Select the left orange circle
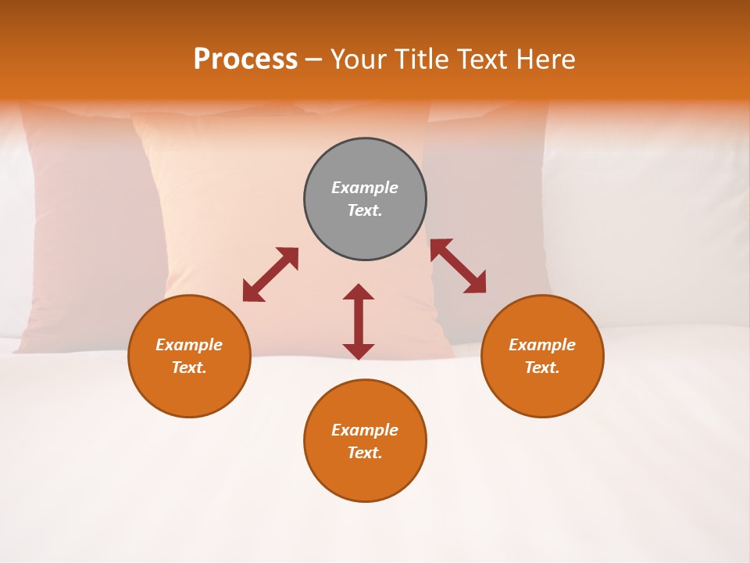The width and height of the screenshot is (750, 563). click(x=189, y=391)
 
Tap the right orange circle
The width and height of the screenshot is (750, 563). click(x=542, y=391)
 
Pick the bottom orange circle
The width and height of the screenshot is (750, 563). click(x=365, y=477)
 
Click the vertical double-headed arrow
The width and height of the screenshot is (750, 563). click(x=359, y=321)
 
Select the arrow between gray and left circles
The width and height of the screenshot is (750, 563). click(x=270, y=274)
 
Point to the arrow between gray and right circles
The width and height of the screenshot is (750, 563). click(x=458, y=266)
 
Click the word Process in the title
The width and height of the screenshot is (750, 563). click(x=245, y=59)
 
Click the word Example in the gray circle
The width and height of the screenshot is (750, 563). click(x=365, y=188)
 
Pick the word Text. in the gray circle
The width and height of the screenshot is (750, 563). click(x=365, y=210)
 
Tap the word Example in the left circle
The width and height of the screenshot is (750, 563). click(x=189, y=345)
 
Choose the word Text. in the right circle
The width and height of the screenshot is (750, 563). click(x=542, y=368)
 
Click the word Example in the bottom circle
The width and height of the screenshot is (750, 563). click(x=365, y=430)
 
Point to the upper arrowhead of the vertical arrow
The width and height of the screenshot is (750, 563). click(x=359, y=292)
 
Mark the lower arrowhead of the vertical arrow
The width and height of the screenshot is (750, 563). click(x=359, y=351)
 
